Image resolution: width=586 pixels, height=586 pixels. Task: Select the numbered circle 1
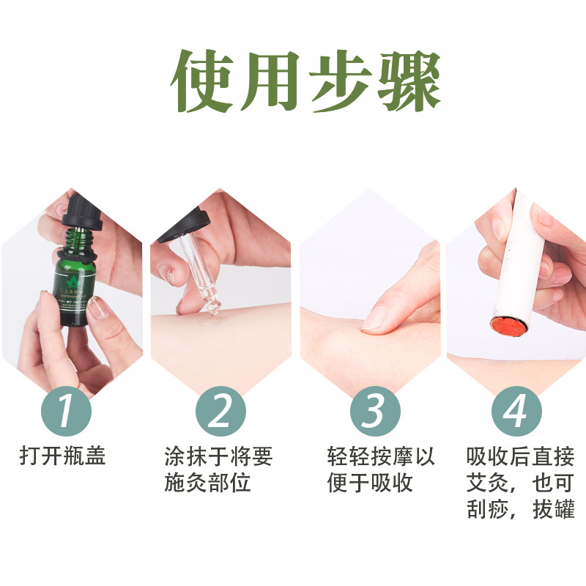pyautogui.click(x=67, y=411)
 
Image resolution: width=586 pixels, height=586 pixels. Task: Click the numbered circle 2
pyautogui.click(x=220, y=411)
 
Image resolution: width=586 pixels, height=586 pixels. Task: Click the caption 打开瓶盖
pyautogui.click(x=62, y=456)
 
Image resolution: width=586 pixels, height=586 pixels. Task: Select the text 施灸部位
pyautogui.click(x=208, y=483)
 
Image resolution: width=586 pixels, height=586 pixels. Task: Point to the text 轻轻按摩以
pyautogui.click(x=381, y=456)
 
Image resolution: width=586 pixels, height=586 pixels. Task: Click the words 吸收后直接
pyautogui.click(x=521, y=456)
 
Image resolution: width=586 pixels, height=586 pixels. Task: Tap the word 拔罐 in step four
pyautogui.click(x=556, y=509)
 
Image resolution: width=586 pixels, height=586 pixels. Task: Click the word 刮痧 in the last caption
pyautogui.click(x=485, y=509)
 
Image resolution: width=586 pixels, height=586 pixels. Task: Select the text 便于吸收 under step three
pyautogui.click(x=371, y=483)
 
